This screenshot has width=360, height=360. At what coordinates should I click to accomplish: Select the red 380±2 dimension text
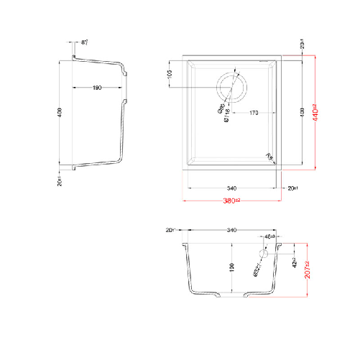[x=231, y=200]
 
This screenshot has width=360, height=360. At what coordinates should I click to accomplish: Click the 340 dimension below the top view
[x=231, y=189]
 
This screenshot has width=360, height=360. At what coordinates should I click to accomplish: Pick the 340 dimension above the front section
[x=231, y=231]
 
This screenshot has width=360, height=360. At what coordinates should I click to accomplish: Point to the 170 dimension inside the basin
[x=254, y=113]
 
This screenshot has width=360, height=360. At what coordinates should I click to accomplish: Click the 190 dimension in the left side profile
[x=96, y=88]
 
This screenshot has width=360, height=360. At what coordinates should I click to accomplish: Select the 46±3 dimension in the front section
[x=270, y=236]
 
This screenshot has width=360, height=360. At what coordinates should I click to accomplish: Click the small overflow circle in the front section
[x=263, y=254]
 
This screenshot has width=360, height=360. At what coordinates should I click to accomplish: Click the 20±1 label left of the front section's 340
[x=170, y=231]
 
